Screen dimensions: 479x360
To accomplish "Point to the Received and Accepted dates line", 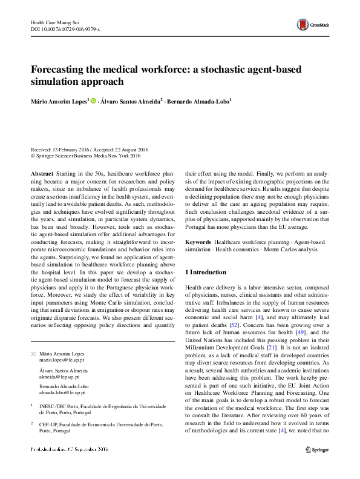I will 90,149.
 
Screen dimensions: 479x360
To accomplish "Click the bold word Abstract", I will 41,173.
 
